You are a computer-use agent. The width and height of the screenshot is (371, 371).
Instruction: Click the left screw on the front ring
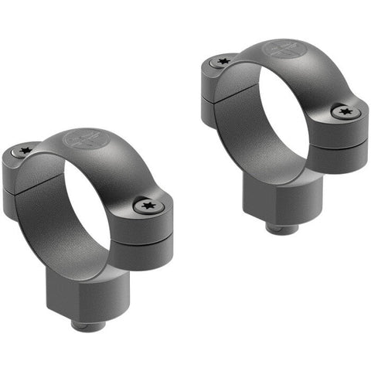point(23,151)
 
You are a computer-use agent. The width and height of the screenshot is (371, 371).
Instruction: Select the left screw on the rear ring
point(223,60)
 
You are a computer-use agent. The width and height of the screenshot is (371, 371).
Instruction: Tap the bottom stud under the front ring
point(87,323)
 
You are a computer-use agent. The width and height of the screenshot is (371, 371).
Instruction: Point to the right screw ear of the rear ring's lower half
point(344,155)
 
